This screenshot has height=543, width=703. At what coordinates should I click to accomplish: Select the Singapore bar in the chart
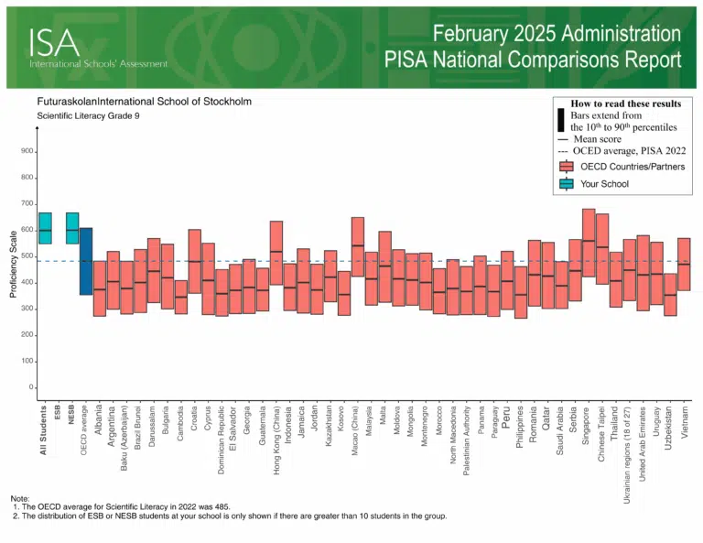(x=589, y=243)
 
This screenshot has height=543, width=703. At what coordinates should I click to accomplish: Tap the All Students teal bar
(x=45, y=228)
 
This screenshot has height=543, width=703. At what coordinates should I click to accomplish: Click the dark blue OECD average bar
(x=85, y=261)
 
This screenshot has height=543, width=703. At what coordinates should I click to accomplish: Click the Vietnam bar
(x=684, y=265)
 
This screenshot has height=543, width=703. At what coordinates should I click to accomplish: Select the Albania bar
(x=100, y=288)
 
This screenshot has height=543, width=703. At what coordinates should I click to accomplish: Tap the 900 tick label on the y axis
(x=28, y=152)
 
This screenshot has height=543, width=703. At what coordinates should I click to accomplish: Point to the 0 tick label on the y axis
(x=32, y=387)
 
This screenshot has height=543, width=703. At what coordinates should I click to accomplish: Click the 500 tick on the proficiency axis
(x=28, y=256)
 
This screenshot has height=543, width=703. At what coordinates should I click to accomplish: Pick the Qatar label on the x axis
(x=547, y=422)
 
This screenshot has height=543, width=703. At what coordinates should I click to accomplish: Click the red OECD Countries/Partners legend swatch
(x=565, y=167)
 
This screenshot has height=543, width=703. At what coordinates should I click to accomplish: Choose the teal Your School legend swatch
(x=565, y=184)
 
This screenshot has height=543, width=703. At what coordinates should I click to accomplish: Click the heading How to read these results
(x=625, y=104)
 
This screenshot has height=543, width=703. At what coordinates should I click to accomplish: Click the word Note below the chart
(x=19, y=498)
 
